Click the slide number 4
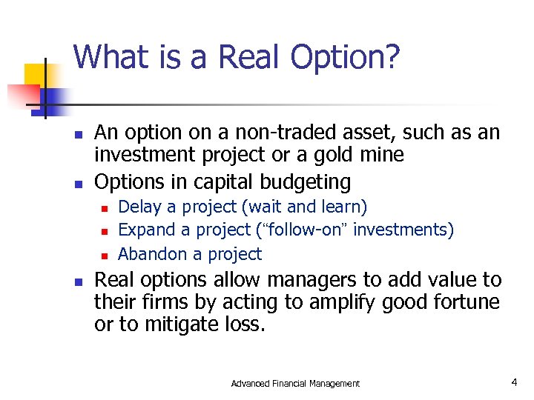(x=513, y=382)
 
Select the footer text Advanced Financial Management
(x=295, y=384)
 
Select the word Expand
(x=145, y=230)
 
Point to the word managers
(x=303, y=281)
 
